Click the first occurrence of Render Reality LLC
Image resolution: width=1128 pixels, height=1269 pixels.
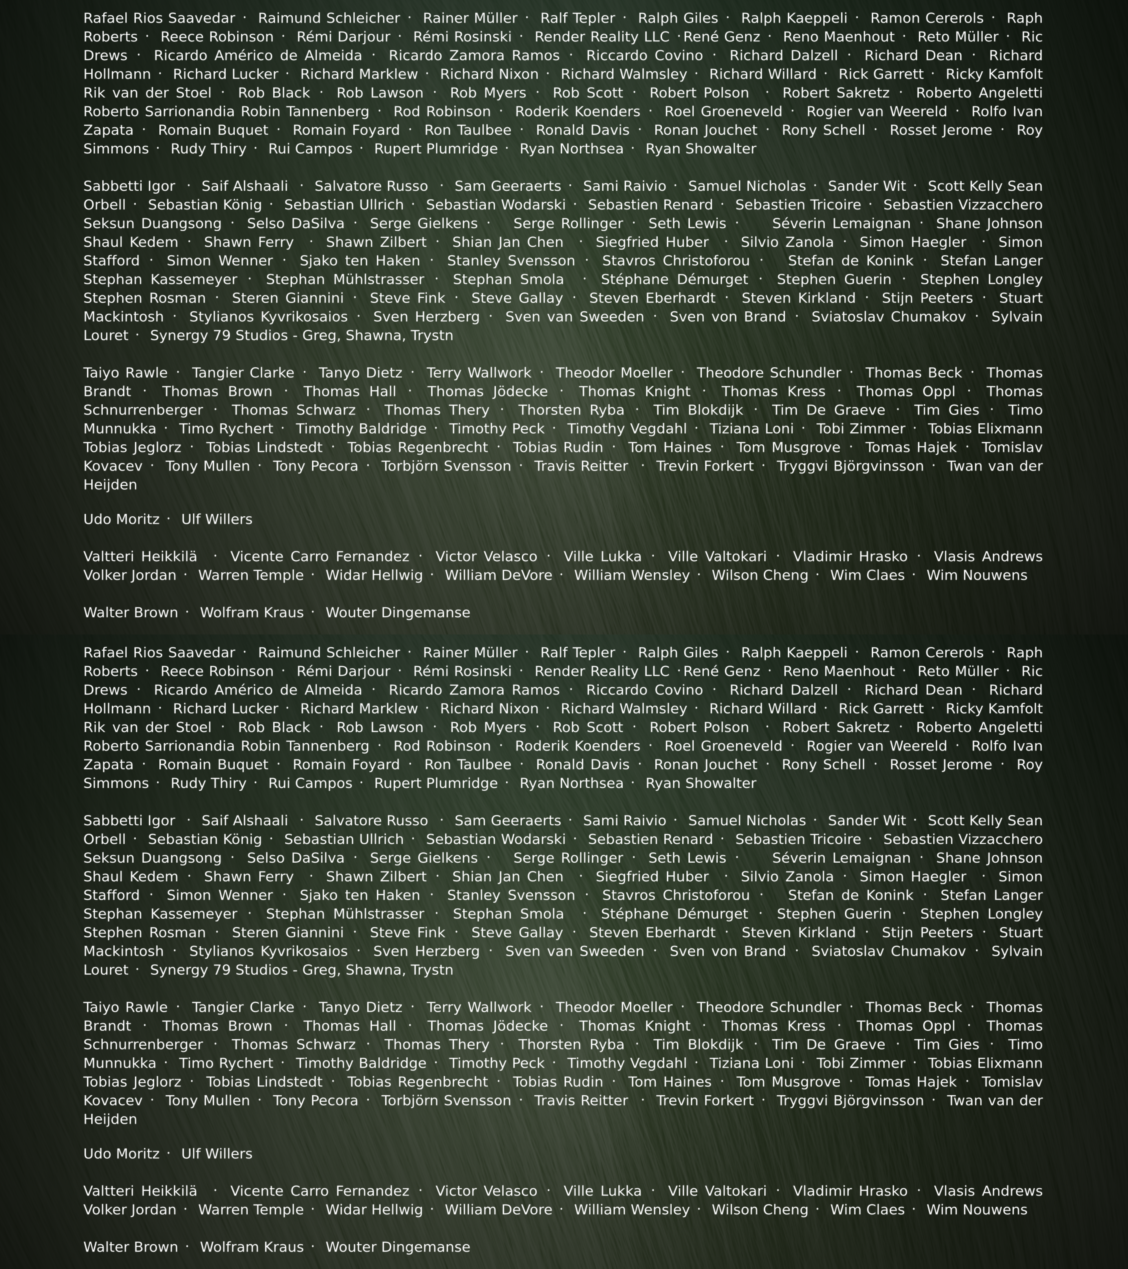pyautogui.click(x=602, y=37)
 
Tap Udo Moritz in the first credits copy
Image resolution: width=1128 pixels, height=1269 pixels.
pyautogui.click(x=121, y=520)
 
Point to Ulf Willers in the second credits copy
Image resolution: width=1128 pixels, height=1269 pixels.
pyautogui.click(x=217, y=1154)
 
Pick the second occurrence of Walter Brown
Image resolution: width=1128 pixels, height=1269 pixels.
pyautogui.click(x=130, y=1247)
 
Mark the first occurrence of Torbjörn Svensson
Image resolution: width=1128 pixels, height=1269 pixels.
pyautogui.click(x=446, y=466)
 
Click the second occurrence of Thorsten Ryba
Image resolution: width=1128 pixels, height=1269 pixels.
pyautogui.click(x=571, y=1045)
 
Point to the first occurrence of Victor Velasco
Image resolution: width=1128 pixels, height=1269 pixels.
pyautogui.click(x=486, y=557)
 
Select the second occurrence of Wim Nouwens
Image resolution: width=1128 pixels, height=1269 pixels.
pyautogui.click(x=977, y=1210)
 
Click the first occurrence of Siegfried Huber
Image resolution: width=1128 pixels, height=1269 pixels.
pyautogui.click(x=652, y=242)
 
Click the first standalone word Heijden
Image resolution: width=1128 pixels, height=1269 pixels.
pyautogui.click(x=110, y=485)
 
